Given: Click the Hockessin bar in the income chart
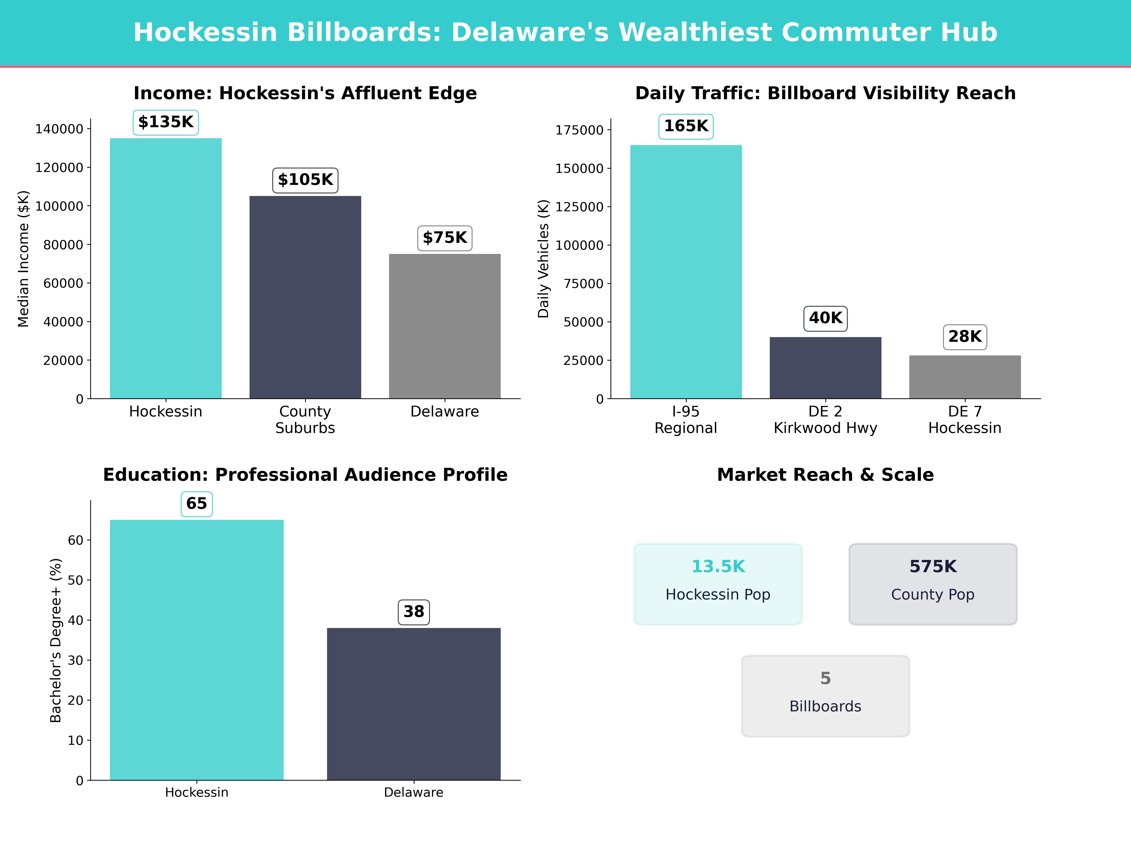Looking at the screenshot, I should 166,268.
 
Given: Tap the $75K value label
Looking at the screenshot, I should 445,238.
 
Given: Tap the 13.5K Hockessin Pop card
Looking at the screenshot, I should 718,584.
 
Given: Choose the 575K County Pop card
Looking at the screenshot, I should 933,584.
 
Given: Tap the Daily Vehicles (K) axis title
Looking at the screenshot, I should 543,259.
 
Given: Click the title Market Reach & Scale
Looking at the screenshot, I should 825,475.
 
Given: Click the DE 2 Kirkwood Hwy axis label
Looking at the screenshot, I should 825,420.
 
